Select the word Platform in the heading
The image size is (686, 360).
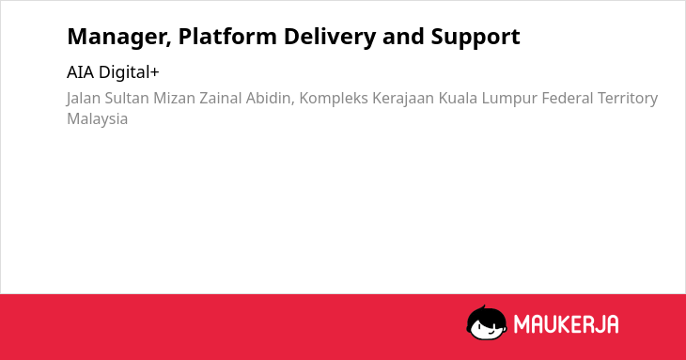[227, 37]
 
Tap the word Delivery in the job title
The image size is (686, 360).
[330, 38]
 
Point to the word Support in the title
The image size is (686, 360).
[476, 38]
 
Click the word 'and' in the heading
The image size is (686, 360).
[403, 37]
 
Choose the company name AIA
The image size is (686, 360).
[80, 72]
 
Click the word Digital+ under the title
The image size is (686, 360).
[129, 72]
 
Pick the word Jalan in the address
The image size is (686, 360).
[84, 99]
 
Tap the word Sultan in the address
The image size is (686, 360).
[127, 98]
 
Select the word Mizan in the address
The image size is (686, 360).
[174, 98]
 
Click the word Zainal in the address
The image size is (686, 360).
[221, 98]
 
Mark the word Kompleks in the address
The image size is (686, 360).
[334, 99]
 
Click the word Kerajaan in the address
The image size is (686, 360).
[403, 99]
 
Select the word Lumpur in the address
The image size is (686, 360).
[509, 99]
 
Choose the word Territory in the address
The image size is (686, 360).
[628, 99]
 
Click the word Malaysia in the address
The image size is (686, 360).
[97, 119]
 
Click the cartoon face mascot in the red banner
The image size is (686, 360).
[487, 322]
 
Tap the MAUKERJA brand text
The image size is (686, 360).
[566, 324]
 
